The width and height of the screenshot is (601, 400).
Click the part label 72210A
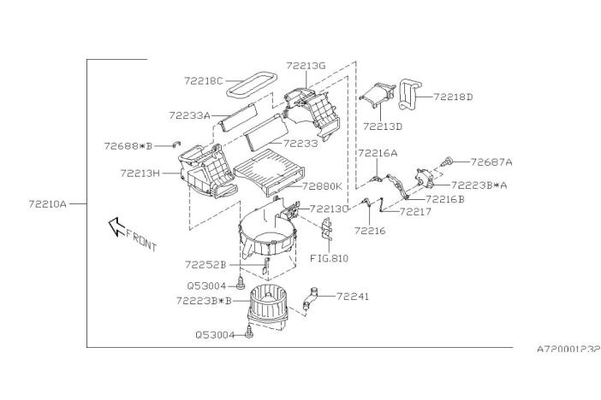click(48, 204)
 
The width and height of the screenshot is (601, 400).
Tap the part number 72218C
click(203, 81)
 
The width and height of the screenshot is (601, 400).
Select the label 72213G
click(306, 66)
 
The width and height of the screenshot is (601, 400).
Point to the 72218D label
click(453, 97)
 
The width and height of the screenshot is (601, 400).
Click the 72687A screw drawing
click(447, 162)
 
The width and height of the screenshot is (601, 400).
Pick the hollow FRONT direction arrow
click(116, 226)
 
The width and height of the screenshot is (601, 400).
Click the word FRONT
click(141, 240)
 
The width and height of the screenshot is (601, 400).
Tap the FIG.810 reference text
click(330, 258)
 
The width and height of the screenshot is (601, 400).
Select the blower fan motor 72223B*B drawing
click(269, 306)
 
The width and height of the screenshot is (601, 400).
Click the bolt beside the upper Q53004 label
click(241, 283)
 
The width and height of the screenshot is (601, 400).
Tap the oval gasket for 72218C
click(251, 85)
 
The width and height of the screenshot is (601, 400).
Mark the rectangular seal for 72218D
click(409, 95)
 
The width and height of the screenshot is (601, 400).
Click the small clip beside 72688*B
click(176, 144)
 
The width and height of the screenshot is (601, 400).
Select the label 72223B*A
click(479, 185)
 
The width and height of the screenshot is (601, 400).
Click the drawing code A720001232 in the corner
click(568, 349)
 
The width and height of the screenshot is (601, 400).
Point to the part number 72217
click(415, 212)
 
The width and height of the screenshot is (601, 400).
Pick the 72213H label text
click(140, 174)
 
